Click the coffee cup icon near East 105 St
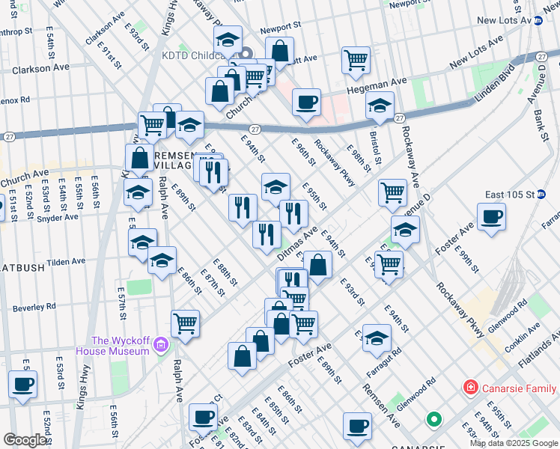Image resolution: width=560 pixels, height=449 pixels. tap(491, 217)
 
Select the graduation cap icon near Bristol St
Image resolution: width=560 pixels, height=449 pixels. tap(380, 106)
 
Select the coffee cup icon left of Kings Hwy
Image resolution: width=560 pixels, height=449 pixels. tap(22, 385)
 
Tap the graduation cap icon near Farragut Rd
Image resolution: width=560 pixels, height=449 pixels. tap(377, 337)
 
